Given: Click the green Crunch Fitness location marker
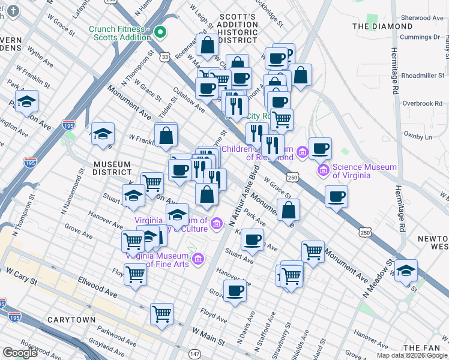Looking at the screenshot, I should [x=160, y=32].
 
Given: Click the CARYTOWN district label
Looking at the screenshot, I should [x=71, y=320].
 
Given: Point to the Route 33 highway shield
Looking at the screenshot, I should [x=164, y=56].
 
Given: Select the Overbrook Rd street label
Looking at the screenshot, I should [x=422, y=104].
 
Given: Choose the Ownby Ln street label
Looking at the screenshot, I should [x=419, y=137].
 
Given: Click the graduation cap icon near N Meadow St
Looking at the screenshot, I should [x=406, y=269].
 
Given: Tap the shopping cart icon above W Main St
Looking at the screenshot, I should [x=161, y=313].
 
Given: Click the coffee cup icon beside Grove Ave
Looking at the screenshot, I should [x=235, y=291].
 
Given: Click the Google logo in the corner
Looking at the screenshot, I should [x=20, y=353].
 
